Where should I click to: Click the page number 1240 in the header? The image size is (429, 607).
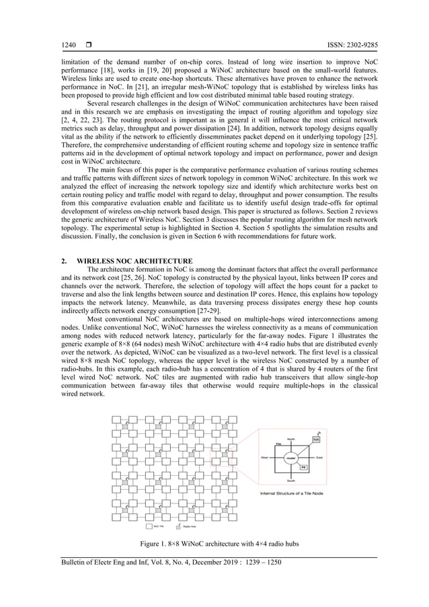[x=68, y=45]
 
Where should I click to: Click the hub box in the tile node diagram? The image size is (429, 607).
[x=316, y=439]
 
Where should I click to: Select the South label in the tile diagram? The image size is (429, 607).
[x=292, y=480]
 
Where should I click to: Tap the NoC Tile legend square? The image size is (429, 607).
[x=149, y=527]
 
